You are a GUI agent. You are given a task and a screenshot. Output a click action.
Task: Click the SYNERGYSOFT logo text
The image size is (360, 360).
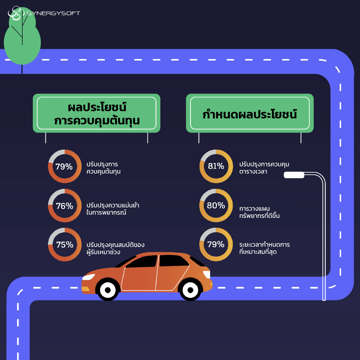53,13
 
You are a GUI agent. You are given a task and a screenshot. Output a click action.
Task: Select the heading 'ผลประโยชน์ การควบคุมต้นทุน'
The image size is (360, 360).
97,114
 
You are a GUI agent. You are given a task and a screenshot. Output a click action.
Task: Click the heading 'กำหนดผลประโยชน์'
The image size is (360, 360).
250,114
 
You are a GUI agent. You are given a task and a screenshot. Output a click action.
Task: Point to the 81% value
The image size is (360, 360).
216,166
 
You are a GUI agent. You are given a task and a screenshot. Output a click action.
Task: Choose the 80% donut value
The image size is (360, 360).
216,206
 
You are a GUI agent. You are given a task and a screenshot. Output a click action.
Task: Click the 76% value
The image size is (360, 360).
64,206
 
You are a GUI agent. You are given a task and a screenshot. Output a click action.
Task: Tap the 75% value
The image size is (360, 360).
65,245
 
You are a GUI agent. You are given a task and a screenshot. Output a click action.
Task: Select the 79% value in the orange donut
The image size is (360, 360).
64,166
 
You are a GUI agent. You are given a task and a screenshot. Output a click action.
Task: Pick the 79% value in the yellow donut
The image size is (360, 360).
216,245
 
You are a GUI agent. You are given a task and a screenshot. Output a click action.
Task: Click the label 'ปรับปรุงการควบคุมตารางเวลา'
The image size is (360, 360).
264,168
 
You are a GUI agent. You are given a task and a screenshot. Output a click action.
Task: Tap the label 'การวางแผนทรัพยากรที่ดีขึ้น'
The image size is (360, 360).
259,212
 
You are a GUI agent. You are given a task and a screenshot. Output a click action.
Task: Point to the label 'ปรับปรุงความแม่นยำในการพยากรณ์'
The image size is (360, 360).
113,209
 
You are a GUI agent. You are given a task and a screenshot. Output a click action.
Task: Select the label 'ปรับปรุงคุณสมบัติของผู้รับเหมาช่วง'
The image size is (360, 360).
115,248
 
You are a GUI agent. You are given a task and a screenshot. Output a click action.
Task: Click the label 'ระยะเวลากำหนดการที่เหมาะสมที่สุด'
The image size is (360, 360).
264,248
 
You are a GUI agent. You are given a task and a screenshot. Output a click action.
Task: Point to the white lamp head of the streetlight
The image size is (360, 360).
294,175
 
